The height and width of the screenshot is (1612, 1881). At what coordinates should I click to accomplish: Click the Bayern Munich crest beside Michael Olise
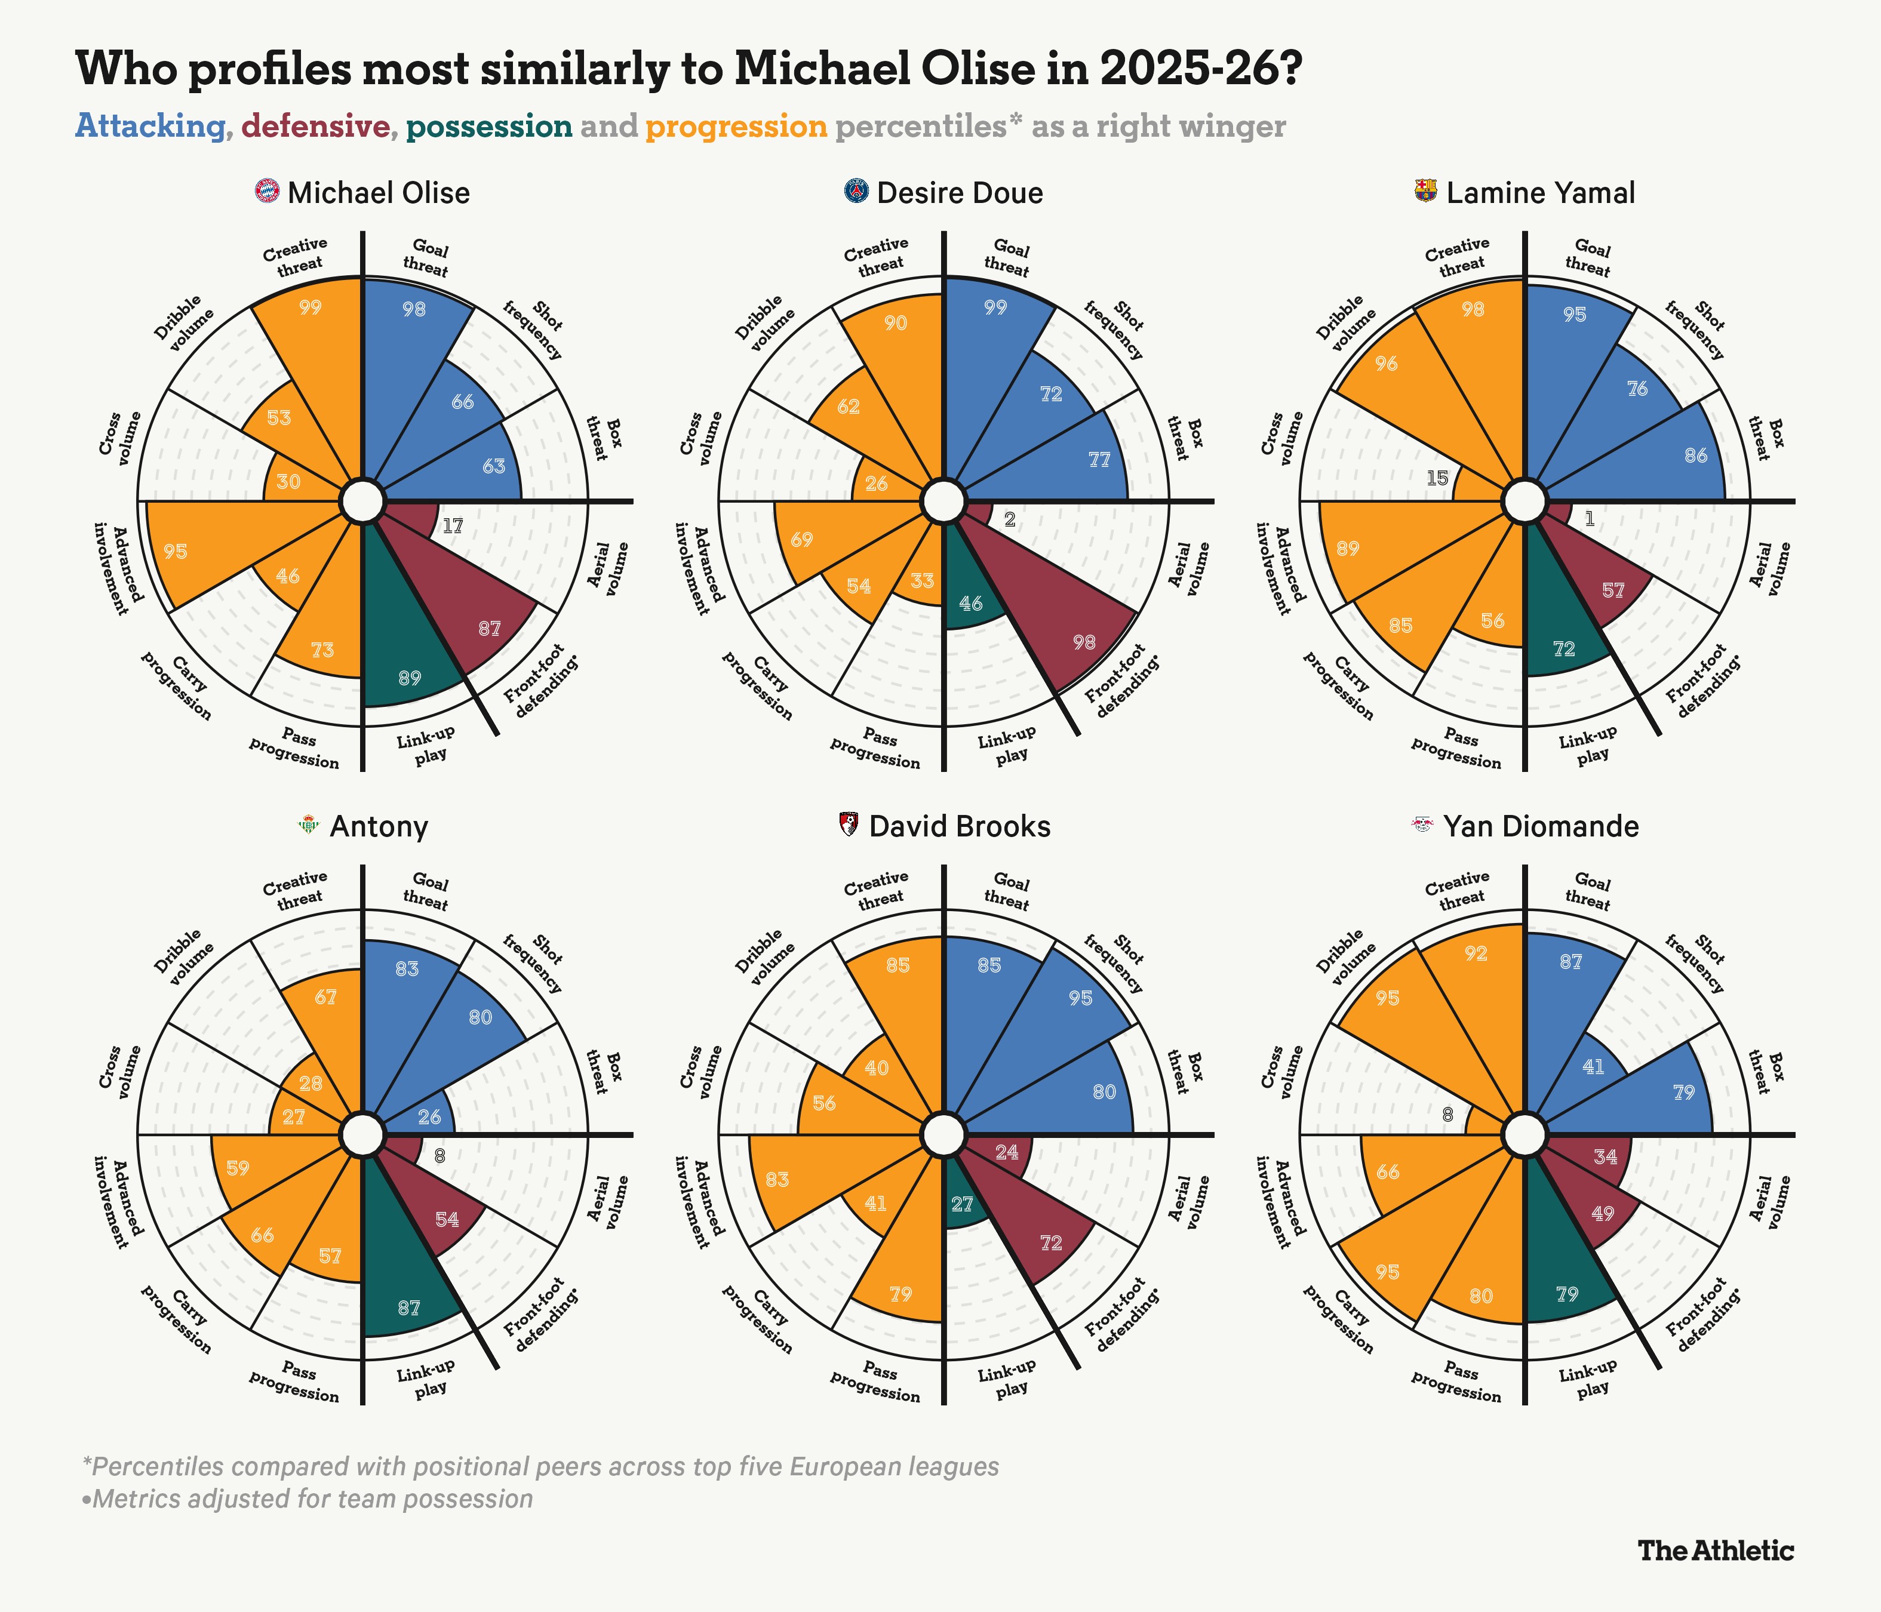268,192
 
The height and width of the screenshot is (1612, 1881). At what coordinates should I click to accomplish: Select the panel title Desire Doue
960,193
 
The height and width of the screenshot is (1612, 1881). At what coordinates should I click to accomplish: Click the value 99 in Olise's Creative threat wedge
311,307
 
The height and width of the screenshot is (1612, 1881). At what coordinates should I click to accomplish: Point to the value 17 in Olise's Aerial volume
452,525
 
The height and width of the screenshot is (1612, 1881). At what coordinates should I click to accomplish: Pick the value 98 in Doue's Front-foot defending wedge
1084,642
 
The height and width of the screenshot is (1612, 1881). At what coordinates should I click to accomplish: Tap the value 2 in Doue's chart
1010,520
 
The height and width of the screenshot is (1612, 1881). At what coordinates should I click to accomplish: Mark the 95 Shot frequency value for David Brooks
1080,998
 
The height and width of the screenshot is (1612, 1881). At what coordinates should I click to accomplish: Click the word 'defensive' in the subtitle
316,126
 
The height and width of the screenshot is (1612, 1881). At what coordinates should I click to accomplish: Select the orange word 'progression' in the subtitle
736,126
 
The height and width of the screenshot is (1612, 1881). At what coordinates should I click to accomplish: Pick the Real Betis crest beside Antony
309,825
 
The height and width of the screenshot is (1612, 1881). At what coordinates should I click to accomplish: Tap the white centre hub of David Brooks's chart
943,1134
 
